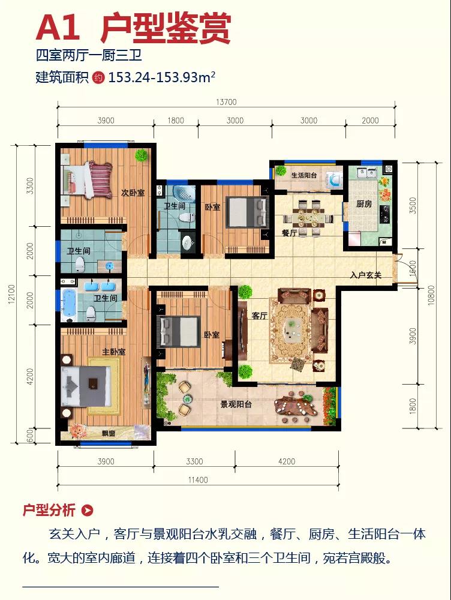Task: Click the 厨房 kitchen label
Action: (364, 203)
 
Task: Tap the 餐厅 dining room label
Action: (290, 232)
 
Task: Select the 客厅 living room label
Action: (259, 316)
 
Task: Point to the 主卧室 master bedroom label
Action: (113, 351)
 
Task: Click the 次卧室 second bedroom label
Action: (133, 193)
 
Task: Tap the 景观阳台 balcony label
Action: (236, 404)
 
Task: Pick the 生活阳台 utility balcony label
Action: (304, 175)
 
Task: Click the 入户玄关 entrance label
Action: (366, 275)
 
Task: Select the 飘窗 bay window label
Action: (109, 434)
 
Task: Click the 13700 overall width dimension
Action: (227, 102)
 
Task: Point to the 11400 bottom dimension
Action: (198, 480)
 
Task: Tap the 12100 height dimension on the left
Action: (11, 295)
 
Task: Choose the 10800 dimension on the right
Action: (431, 295)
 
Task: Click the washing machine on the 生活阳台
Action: (334, 179)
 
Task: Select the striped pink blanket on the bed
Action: (101, 179)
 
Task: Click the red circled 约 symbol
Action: (99, 77)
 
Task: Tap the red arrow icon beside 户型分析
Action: (88, 510)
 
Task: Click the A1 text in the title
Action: (58, 28)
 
